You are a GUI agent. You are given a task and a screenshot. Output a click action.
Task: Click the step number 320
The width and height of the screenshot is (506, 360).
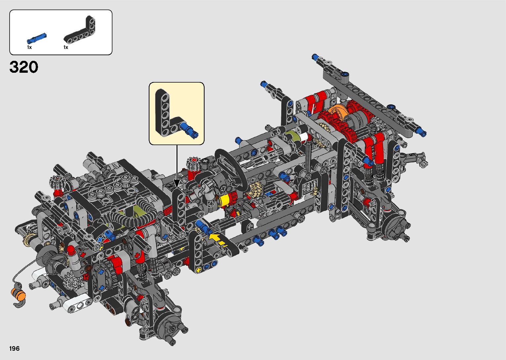click(24, 67)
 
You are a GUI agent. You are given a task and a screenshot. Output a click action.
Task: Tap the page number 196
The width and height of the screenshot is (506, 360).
click(15, 348)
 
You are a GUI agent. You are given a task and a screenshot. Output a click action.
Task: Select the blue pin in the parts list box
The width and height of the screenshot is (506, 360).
click(37, 38)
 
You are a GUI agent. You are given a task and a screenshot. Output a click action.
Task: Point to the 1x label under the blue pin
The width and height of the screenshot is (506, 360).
click(29, 47)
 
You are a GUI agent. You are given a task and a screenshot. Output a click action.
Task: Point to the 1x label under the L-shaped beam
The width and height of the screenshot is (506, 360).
click(66, 47)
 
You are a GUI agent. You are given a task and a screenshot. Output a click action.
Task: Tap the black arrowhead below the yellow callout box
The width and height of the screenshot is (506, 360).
click(176, 183)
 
